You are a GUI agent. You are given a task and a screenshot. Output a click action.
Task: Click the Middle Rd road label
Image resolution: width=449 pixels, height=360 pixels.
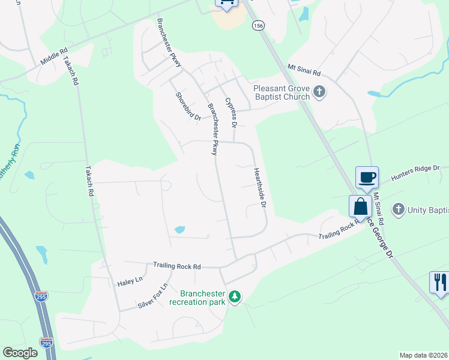(55, 58)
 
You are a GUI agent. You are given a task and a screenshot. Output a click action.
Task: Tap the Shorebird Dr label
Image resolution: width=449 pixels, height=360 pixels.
(188, 106)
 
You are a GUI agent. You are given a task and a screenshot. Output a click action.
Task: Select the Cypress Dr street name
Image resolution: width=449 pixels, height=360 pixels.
(231, 113)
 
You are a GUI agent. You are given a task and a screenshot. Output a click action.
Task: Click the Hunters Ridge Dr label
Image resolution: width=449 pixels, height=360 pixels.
(415, 173)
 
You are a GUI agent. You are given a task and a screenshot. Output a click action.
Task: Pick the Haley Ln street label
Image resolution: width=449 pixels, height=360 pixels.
(130, 280)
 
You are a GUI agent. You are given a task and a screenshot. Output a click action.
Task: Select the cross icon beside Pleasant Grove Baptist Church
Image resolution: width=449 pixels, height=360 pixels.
(319, 92)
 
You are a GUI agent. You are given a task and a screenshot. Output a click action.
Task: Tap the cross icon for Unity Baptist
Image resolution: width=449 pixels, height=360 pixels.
(398, 209)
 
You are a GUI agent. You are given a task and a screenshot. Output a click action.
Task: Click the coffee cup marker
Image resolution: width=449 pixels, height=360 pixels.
(367, 178)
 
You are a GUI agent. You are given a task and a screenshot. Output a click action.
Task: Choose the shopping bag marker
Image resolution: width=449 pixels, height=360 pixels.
(361, 206)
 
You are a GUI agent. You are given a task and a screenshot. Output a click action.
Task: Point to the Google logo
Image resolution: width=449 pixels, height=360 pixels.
(20, 353)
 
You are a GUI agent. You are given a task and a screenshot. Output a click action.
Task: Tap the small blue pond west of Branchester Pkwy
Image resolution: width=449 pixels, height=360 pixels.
(179, 229)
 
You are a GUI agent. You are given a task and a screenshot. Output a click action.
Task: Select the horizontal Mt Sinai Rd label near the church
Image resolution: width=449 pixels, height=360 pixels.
(304, 70)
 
